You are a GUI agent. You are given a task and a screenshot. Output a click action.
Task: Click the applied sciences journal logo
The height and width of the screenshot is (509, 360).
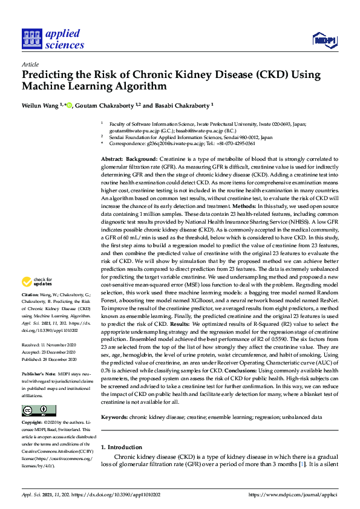[53, 39]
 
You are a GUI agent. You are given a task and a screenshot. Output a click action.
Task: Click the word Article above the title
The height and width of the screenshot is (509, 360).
[30, 63]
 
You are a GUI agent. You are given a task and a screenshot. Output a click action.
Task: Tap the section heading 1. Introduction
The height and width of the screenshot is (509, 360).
[121, 447]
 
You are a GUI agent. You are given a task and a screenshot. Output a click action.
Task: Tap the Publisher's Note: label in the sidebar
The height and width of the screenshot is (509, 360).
[40, 373]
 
